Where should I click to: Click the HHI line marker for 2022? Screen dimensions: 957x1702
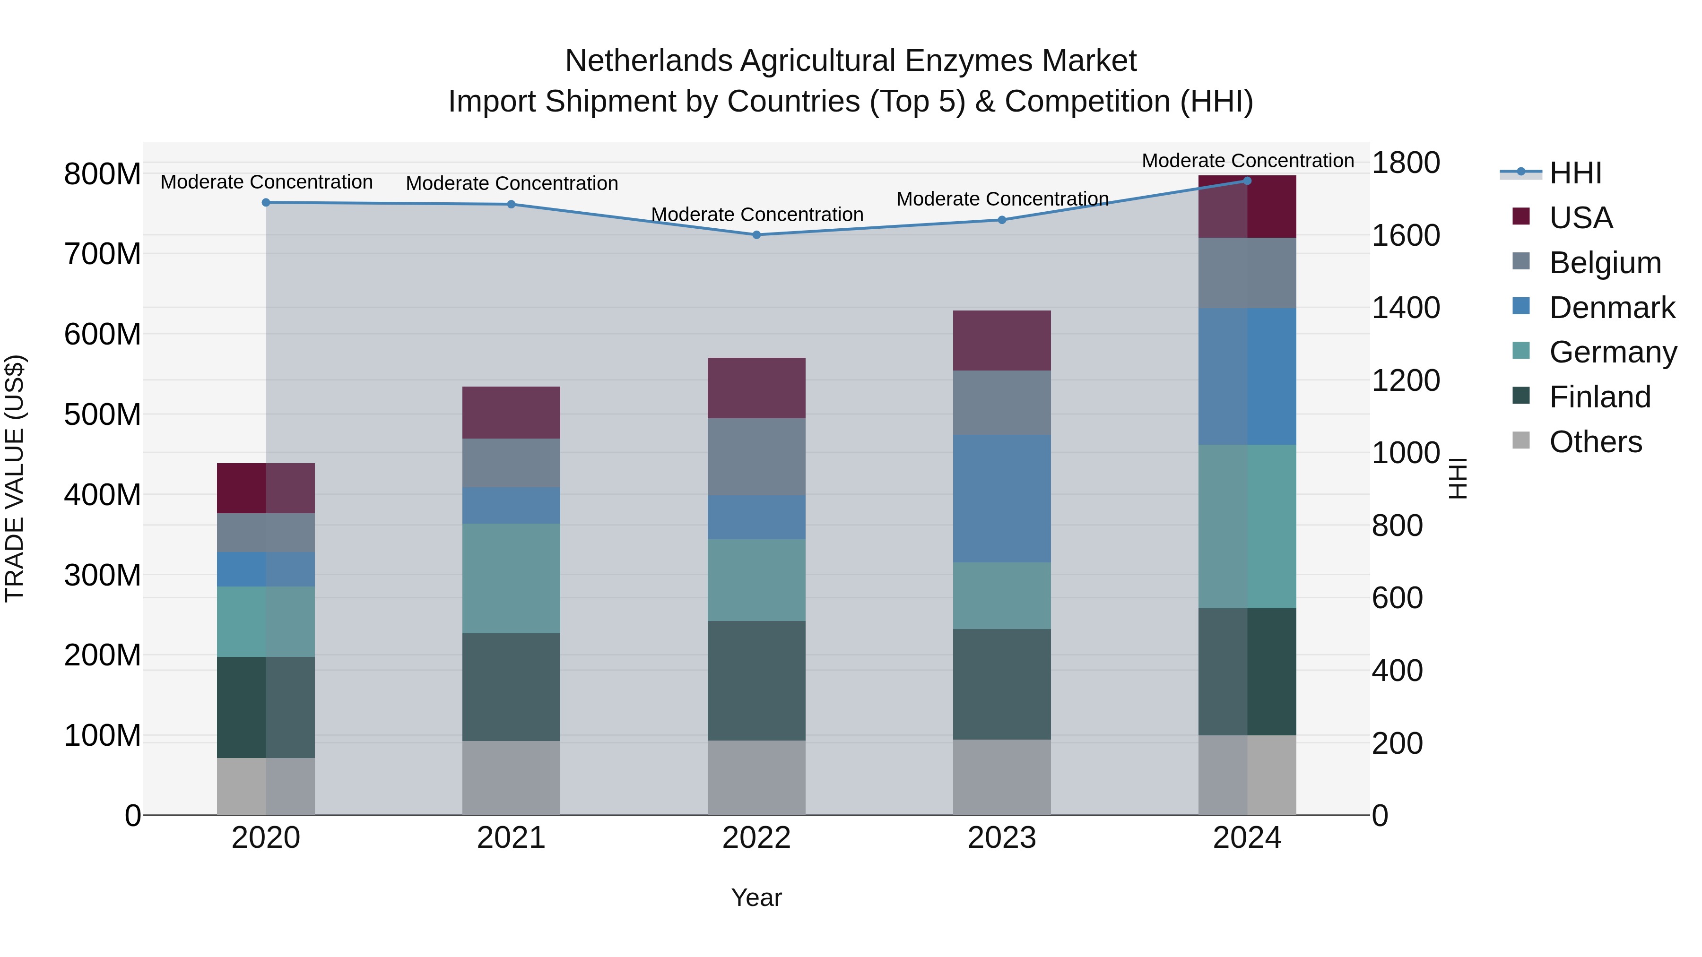tap(756, 234)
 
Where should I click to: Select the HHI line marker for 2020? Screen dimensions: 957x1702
tap(266, 203)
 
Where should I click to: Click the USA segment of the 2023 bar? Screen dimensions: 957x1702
tap(1002, 340)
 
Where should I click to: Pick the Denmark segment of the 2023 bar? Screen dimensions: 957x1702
tap(1002, 498)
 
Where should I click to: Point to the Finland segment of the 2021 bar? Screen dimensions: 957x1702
tap(511, 687)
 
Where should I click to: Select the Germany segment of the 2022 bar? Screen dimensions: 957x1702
tap(756, 579)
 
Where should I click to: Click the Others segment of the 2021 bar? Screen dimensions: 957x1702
tap(511, 777)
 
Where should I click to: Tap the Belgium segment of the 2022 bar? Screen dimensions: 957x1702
tap(756, 457)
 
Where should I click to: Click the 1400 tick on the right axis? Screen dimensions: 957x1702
tap(1406, 308)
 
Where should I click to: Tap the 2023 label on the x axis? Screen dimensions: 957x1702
tap(1002, 838)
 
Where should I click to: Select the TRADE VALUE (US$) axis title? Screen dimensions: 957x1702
tap(15, 478)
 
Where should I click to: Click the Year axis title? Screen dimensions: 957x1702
tap(756, 897)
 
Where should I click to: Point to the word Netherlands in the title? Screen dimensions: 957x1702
tap(648, 61)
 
